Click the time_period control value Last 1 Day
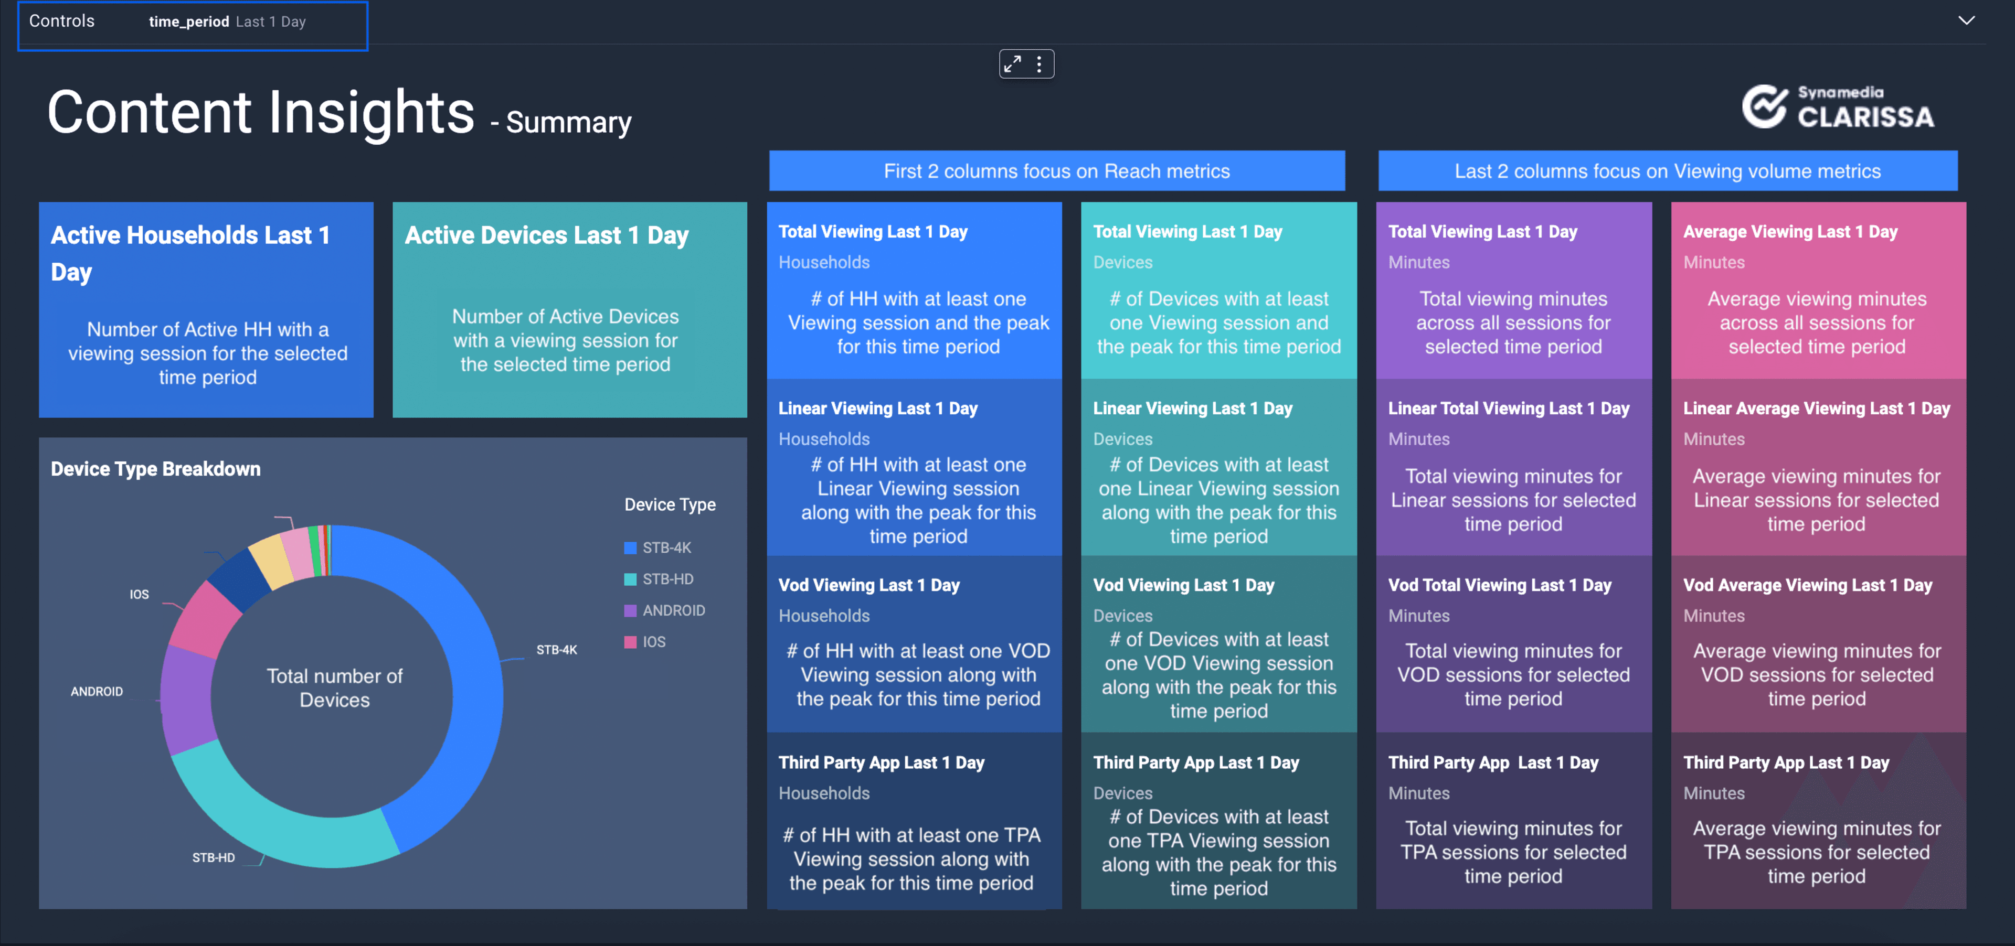pos(271,22)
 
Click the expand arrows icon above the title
pos(1013,64)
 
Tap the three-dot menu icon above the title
pos(1040,64)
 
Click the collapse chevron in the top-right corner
pos(1966,20)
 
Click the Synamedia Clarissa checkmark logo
pos(1764,107)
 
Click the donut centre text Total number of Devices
pos(334,688)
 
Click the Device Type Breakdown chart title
pos(156,469)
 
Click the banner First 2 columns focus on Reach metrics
pos(1057,171)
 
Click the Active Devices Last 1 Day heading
pos(546,235)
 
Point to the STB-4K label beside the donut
pos(556,650)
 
